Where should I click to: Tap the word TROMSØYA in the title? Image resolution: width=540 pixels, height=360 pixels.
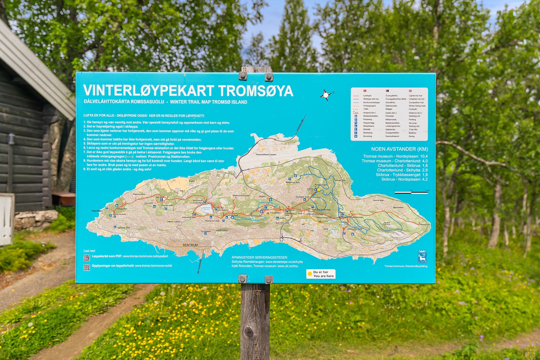(255, 91)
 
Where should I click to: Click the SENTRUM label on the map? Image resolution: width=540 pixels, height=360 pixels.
(190, 245)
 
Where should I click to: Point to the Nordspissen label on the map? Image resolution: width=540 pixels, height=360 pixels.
(425, 224)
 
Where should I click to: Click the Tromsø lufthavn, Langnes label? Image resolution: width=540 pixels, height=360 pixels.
(266, 155)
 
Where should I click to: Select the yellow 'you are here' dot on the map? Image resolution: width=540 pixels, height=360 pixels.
(318, 190)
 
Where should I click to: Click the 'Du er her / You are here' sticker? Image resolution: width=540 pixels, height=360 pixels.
(321, 274)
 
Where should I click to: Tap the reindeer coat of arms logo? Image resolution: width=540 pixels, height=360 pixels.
(422, 257)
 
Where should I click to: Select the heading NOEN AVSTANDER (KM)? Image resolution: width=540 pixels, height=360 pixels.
(399, 149)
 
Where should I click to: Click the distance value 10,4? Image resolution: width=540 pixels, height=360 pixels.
(424, 156)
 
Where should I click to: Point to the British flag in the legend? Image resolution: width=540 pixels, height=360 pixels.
(410, 91)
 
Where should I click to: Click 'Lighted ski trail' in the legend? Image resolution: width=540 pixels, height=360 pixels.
(415, 96)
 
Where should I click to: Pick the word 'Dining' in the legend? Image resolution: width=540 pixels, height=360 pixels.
(411, 136)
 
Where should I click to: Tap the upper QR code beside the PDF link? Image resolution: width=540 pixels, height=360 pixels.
(87, 258)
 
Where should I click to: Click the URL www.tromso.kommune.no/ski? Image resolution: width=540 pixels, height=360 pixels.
(154, 266)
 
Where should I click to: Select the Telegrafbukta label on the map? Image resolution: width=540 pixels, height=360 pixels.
(97, 211)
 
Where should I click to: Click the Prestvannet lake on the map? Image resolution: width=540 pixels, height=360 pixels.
(206, 209)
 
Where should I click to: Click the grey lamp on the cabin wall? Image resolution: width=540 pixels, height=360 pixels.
(12, 139)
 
